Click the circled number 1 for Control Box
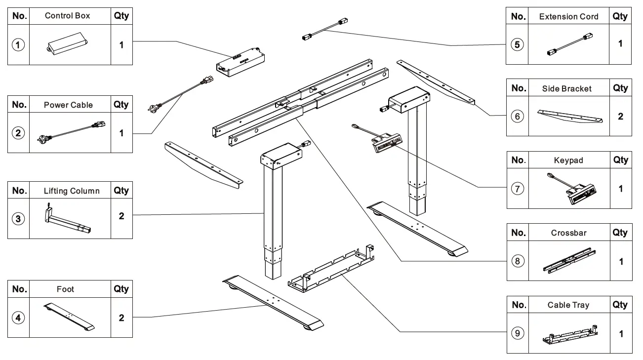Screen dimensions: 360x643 tap(18, 45)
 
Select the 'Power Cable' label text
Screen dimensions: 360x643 tap(68, 105)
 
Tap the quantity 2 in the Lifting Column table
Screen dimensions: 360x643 tap(121, 216)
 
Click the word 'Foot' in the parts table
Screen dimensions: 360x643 tap(65, 289)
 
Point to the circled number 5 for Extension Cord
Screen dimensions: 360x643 tap(517, 44)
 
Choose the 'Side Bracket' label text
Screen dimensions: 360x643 tap(566, 89)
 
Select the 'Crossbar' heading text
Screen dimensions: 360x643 tap(568, 233)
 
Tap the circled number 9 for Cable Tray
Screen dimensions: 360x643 tap(518, 333)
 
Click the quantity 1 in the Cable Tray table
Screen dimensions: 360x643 tap(621, 334)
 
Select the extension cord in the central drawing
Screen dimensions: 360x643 tap(323, 29)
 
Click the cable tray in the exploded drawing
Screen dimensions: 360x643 tap(328, 271)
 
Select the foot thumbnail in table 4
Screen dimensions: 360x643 tap(69, 318)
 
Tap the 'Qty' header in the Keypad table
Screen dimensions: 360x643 tap(620, 160)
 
